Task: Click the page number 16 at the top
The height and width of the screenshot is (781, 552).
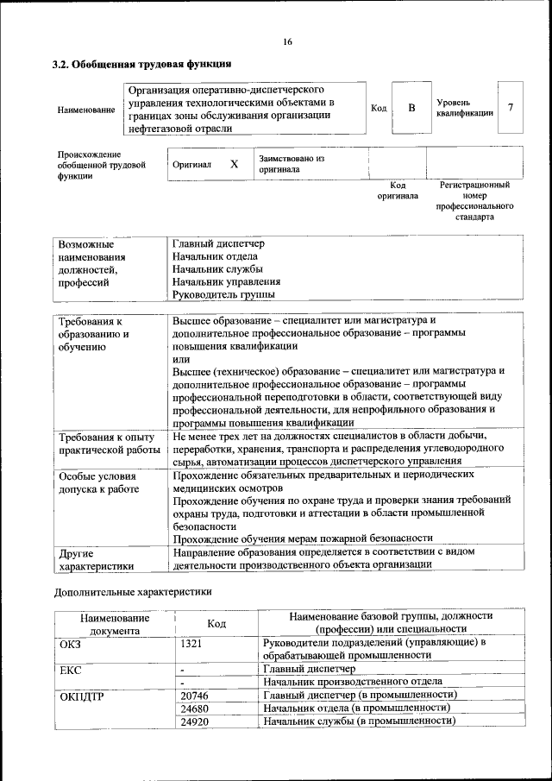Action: coord(287,42)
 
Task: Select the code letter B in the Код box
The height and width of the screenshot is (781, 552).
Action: coord(411,108)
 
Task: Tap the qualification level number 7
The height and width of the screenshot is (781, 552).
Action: coord(511,108)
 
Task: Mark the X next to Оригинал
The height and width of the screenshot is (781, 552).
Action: coord(233,164)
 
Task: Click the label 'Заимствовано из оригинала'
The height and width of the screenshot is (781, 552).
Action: coord(291,164)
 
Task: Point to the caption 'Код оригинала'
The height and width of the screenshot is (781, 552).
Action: coord(398,190)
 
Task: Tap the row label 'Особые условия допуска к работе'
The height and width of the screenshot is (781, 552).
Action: coord(97,482)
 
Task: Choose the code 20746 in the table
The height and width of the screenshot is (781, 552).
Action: coord(195,694)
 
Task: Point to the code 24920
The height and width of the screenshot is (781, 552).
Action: coord(195,720)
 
